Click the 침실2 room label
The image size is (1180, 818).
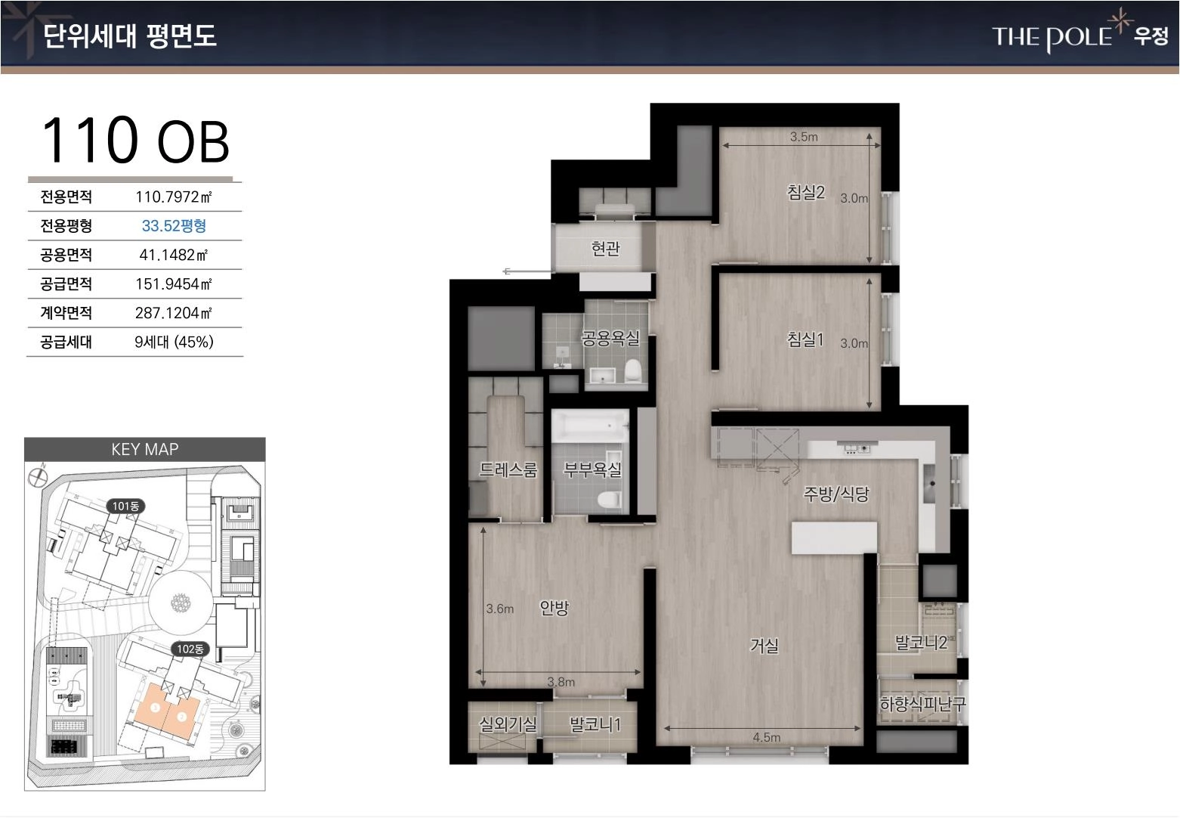pos(805,192)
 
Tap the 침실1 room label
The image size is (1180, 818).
pos(805,339)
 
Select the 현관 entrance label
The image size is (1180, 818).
pos(605,248)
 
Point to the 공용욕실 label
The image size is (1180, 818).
pos(610,338)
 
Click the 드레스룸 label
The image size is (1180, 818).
pos(508,469)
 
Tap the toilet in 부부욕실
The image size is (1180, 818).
pos(610,499)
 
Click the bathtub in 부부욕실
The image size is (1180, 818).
pos(590,426)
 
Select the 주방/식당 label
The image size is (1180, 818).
pos(836,494)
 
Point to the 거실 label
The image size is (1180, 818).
pos(764,645)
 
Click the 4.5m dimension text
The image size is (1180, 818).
pos(767,737)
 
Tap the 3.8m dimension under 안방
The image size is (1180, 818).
pos(561,682)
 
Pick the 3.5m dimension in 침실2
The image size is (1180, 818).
pos(804,137)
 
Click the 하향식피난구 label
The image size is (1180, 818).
pos(922,704)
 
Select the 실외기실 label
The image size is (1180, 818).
pos(508,724)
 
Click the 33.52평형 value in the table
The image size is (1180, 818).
pos(174,226)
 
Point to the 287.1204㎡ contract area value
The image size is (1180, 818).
pos(173,313)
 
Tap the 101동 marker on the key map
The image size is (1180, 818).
pos(125,507)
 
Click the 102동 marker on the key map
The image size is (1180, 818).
pos(190,649)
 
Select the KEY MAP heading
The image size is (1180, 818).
pos(145,449)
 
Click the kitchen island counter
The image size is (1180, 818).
pos(835,538)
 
